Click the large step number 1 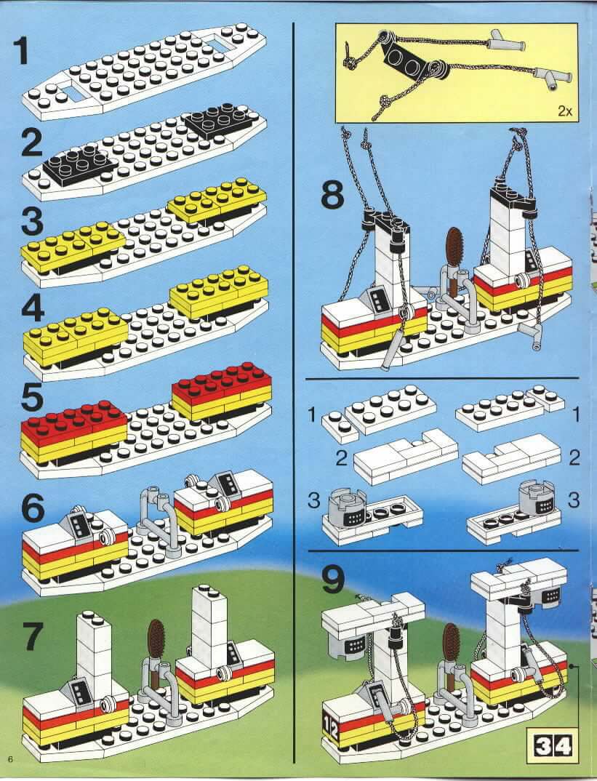click(21, 52)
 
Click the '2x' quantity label click(564, 111)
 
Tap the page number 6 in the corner click(9, 758)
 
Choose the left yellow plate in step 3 click(73, 244)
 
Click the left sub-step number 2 click(341, 457)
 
